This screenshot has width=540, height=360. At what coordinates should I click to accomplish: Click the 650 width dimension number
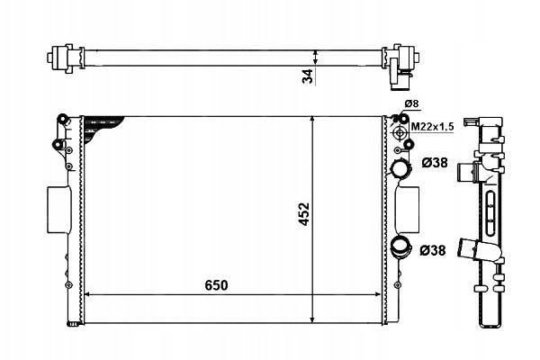click(x=216, y=285)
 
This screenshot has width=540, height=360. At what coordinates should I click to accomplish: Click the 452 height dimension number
click(x=304, y=214)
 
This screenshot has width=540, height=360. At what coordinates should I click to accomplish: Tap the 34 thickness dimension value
click(x=308, y=76)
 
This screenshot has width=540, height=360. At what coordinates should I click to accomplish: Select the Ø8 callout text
click(x=411, y=103)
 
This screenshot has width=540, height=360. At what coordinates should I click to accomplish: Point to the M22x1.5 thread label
click(x=433, y=127)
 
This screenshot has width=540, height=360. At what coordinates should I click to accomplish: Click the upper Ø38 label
click(x=435, y=163)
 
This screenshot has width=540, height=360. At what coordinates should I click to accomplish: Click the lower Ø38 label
click(x=433, y=250)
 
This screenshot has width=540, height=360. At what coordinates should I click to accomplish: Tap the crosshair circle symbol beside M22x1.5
click(x=400, y=132)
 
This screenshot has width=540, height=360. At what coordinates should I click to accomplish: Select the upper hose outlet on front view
click(x=400, y=169)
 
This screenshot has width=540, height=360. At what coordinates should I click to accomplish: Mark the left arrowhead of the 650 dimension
click(x=87, y=294)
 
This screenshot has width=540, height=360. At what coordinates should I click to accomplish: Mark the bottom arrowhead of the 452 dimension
click(x=312, y=319)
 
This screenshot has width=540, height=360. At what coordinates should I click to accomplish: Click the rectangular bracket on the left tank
click(x=58, y=210)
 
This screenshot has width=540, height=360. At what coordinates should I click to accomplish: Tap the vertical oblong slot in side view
click(x=490, y=213)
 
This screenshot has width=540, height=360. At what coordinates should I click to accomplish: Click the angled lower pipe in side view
click(x=479, y=250)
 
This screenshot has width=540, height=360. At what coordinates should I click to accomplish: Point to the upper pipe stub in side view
click(x=467, y=171)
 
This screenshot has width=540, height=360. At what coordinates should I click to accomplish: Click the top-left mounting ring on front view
click(x=63, y=118)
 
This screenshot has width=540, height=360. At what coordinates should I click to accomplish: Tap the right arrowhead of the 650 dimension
click(x=378, y=294)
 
